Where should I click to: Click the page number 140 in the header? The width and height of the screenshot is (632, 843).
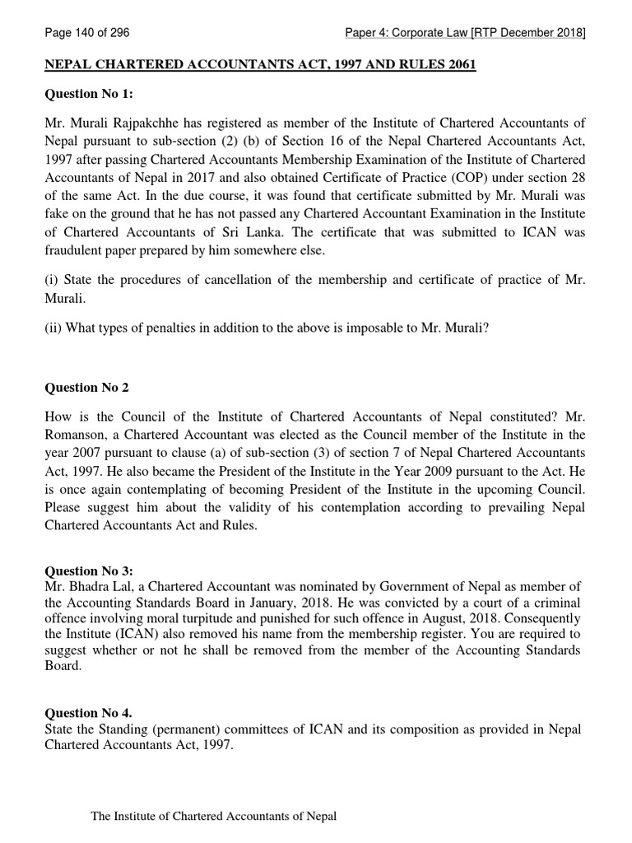click(x=75, y=33)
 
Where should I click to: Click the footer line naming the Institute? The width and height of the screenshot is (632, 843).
click(x=213, y=817)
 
